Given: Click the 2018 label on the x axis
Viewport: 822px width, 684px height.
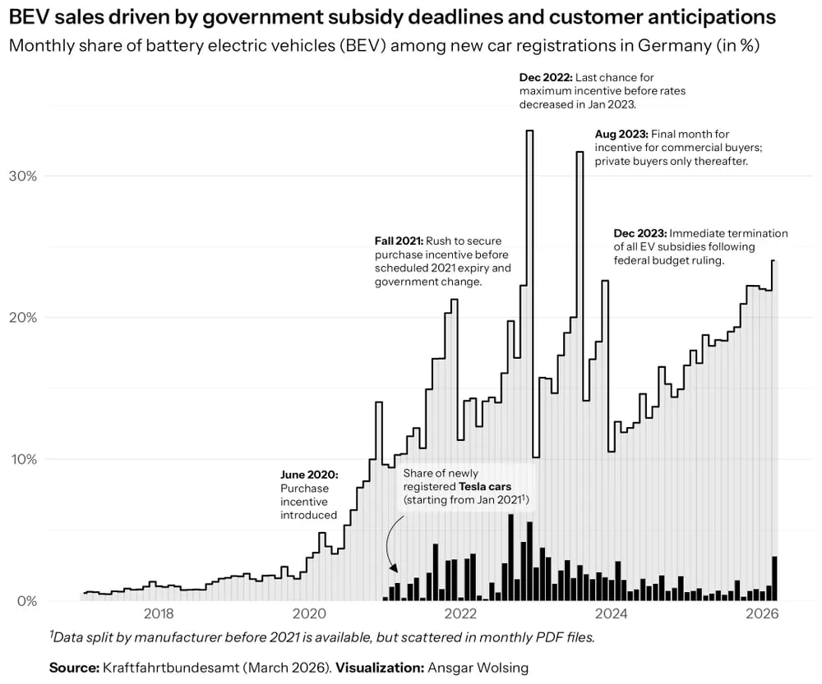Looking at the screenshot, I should [158, 614].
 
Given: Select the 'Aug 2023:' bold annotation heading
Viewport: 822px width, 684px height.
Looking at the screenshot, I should [621, 134].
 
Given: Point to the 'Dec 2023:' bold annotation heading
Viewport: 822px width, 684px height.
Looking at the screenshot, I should [640, 233].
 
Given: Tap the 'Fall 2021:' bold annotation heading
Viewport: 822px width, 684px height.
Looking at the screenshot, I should [399, 241].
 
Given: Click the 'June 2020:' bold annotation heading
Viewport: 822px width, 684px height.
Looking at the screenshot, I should [309, 475].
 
